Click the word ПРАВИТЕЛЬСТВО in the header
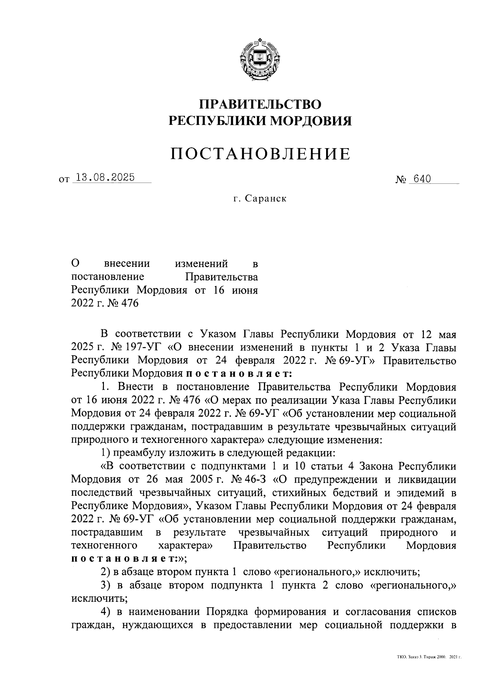[260, 104]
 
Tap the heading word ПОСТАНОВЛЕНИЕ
[260, 154]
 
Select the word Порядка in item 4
[227, 612]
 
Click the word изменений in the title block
[201, 264]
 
